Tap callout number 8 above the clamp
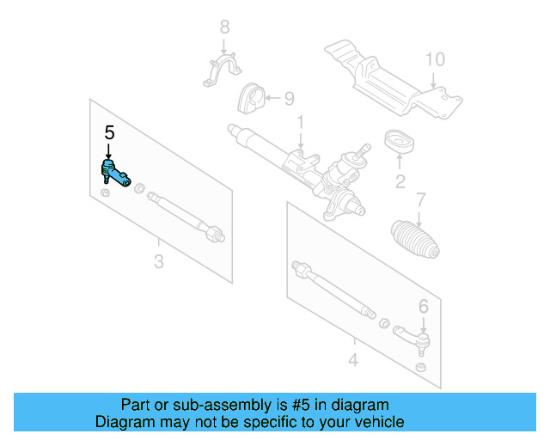(224, 26)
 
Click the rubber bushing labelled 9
(251, 101)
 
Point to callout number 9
(289, 98)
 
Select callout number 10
(435, 60)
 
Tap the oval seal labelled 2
(400, 142)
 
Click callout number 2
(400, 181)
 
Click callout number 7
(420, 200)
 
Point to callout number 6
(423, 306)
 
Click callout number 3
(158, 261)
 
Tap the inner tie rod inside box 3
(185, 215)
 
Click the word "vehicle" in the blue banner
(376, 422)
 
